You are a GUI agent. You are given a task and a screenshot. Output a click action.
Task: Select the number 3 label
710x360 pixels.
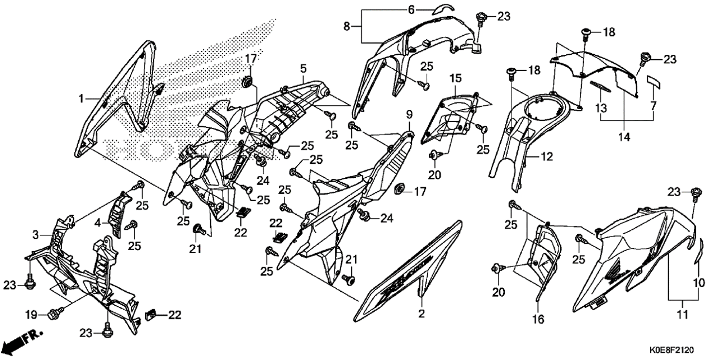35,234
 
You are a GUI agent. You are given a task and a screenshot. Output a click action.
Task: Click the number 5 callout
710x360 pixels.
302,69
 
